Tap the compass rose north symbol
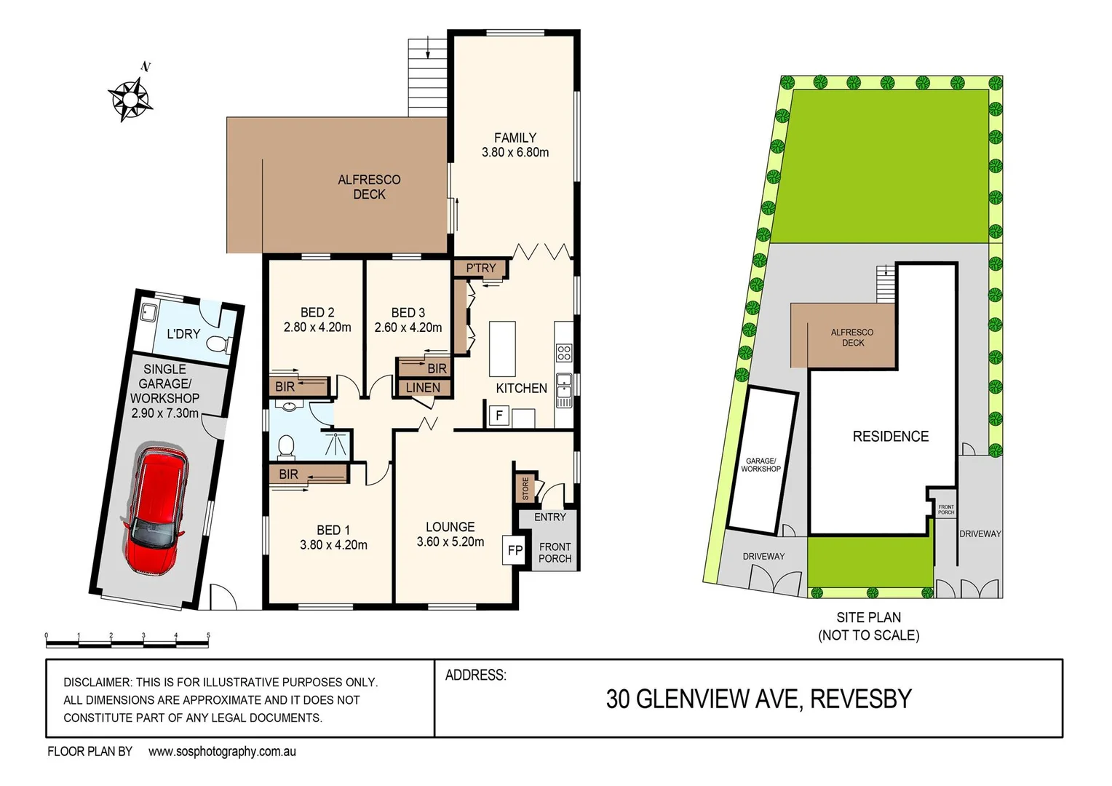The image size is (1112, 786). coord(130,97)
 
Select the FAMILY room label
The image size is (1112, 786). coord(515,138)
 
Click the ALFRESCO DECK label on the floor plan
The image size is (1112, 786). coord(369,187)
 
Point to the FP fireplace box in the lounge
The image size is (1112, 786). coord(515,550)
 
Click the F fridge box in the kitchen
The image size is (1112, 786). coord(499,416)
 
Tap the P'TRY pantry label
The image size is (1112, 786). coord(480,269)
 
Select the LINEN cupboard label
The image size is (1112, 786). coord(423,388)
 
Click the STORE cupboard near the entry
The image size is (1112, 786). coord(525,488)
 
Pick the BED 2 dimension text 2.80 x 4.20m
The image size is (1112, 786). coord(317,327)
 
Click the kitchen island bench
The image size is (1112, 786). coord(502,349)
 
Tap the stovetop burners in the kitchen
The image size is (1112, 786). coord(564,353)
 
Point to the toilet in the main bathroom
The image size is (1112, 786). coord(286,446)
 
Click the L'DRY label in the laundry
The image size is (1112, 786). coord(183,334)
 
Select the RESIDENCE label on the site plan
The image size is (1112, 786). coord(890,437)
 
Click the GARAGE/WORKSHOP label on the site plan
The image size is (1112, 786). coord(760,465)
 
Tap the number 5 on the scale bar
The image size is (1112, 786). coord(208,635)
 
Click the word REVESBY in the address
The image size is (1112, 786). coord(860,699)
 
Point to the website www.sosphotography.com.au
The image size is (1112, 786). coord(222,752)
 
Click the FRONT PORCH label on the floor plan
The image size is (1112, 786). coord(555,552)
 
